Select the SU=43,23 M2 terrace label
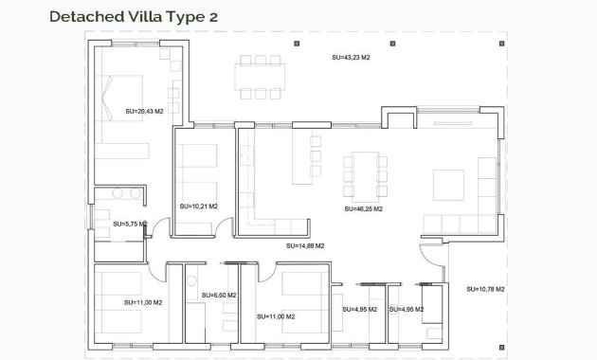350,57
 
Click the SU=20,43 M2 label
144,112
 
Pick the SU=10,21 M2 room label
198,206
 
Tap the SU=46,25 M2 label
363,207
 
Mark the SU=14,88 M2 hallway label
305,245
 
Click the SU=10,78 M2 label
485,288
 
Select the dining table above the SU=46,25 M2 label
365,174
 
